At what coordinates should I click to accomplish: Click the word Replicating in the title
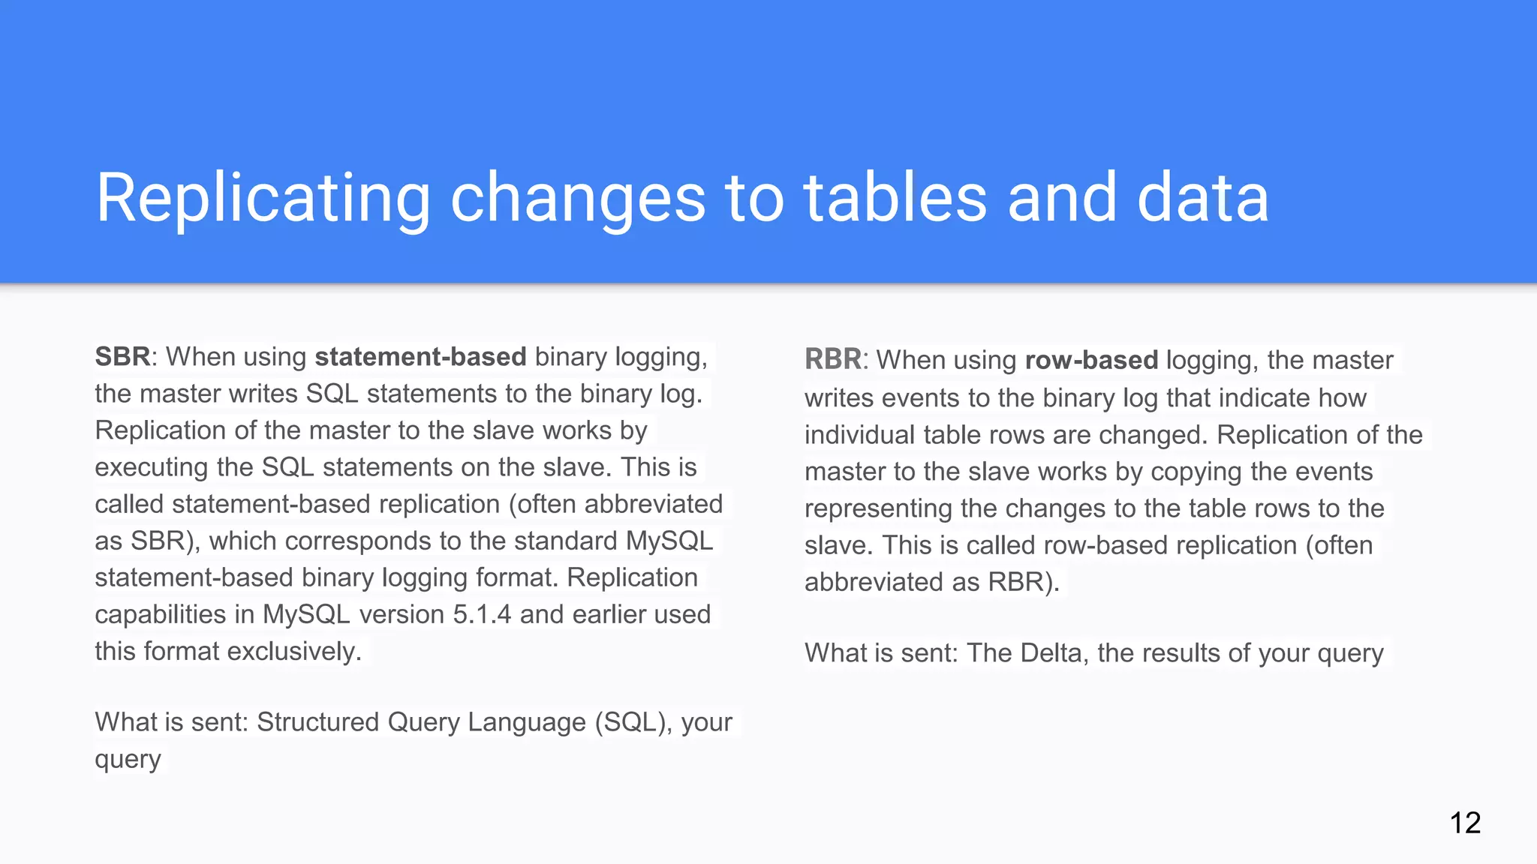pos(263,198)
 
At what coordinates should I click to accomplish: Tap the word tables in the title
pos(895,198)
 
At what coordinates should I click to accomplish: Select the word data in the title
pos(1202,198)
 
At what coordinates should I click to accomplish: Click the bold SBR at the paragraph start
pos(122,357)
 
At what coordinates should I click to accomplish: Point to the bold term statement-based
pos(420,357)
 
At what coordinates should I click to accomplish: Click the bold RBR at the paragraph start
pos(832,360)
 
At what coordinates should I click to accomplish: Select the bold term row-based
pos(1091,360)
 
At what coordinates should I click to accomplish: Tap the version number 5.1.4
pos(482,614)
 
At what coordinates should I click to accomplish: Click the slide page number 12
pos(1465,823)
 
